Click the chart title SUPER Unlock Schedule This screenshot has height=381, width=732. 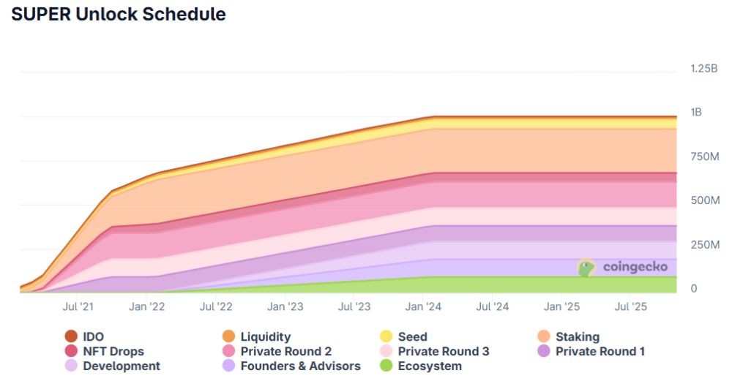(119, 15)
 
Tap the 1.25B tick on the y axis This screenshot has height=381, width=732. (705, 68)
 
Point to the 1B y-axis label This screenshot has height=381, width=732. (696, 113)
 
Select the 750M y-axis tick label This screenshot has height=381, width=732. (705, 156)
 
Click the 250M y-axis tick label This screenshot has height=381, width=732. (705, 244)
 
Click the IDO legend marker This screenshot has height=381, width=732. (71, 336)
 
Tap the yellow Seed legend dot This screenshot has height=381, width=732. (386, 336)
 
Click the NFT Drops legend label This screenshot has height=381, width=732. (113, 352)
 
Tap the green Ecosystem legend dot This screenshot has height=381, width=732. (386, 366)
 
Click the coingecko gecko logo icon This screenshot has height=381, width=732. (586, 268)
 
